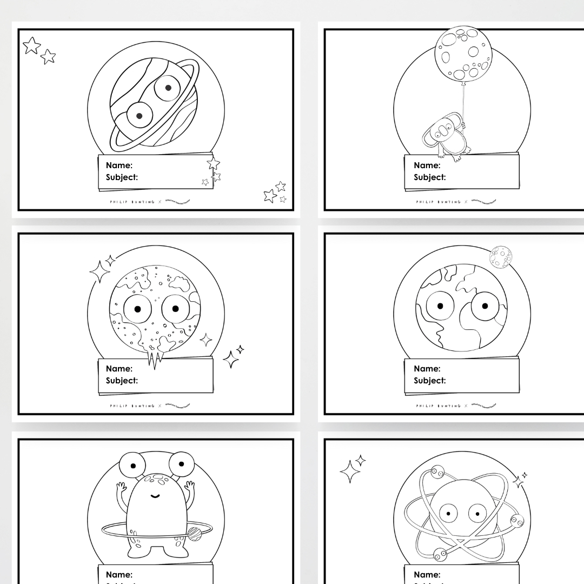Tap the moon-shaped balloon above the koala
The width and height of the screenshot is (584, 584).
click(x=464, y=54)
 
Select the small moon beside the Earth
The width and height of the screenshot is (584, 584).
click(x=501, y=257)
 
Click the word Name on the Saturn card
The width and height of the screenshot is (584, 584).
click(x=119, y=165)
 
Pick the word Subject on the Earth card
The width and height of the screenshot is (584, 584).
click(x=429, y=381)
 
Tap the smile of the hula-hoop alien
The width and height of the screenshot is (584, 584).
click(x=155, y=495)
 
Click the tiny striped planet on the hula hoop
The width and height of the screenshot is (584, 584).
click(x=194, y=534)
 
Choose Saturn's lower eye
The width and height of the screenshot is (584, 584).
click(x=138, y=115)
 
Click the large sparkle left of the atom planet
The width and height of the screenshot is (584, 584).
click(x=349, y=472)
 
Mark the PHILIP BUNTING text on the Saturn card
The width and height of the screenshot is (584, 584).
click(x=133, y=202)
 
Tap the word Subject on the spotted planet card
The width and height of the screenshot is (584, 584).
click(x=122, y=381)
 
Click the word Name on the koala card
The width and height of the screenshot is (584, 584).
click(x=427, y=165)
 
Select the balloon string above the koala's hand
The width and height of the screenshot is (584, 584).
click(x=463, y=103)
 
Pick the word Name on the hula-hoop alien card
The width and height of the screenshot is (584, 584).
click(x=119, y=575)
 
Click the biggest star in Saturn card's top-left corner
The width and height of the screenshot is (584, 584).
click(x=31, y=45)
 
